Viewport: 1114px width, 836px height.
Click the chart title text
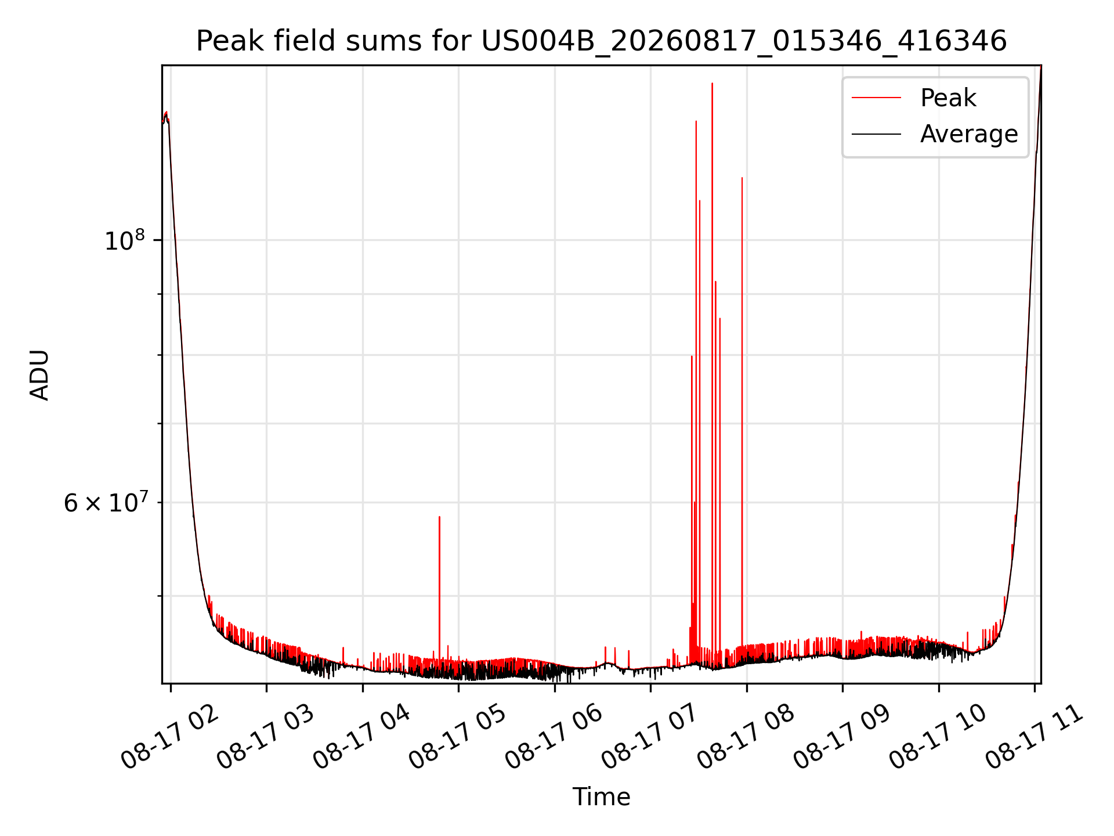601,41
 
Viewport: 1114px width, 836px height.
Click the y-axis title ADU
39,374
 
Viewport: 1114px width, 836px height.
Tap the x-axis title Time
601,797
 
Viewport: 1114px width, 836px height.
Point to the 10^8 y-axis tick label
124,240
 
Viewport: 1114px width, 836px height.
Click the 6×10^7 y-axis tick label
106,502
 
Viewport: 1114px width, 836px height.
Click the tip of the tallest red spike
712,84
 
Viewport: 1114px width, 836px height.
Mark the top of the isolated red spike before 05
439,517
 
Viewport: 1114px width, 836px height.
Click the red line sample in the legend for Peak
876,98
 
